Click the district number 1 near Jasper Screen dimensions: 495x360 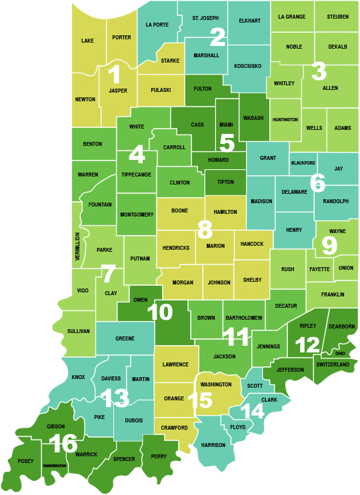(x=114, y=75)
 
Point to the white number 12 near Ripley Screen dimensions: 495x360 (x=308, y=344)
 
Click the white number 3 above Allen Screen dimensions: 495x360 (x=319, y=70)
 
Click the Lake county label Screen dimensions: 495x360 (x=87, y=41)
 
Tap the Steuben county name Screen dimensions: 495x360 (x=337, y=17)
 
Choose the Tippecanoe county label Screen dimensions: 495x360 (x=136, y=175)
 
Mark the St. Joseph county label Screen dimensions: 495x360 (x=205, y=17)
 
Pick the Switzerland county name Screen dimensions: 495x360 (x=333, y=364)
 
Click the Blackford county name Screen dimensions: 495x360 (x=303, y=163)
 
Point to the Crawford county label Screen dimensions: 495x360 (x=174, y=428)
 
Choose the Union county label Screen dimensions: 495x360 (x=345, y=268)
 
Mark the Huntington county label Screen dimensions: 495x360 (x=285, y=119)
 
